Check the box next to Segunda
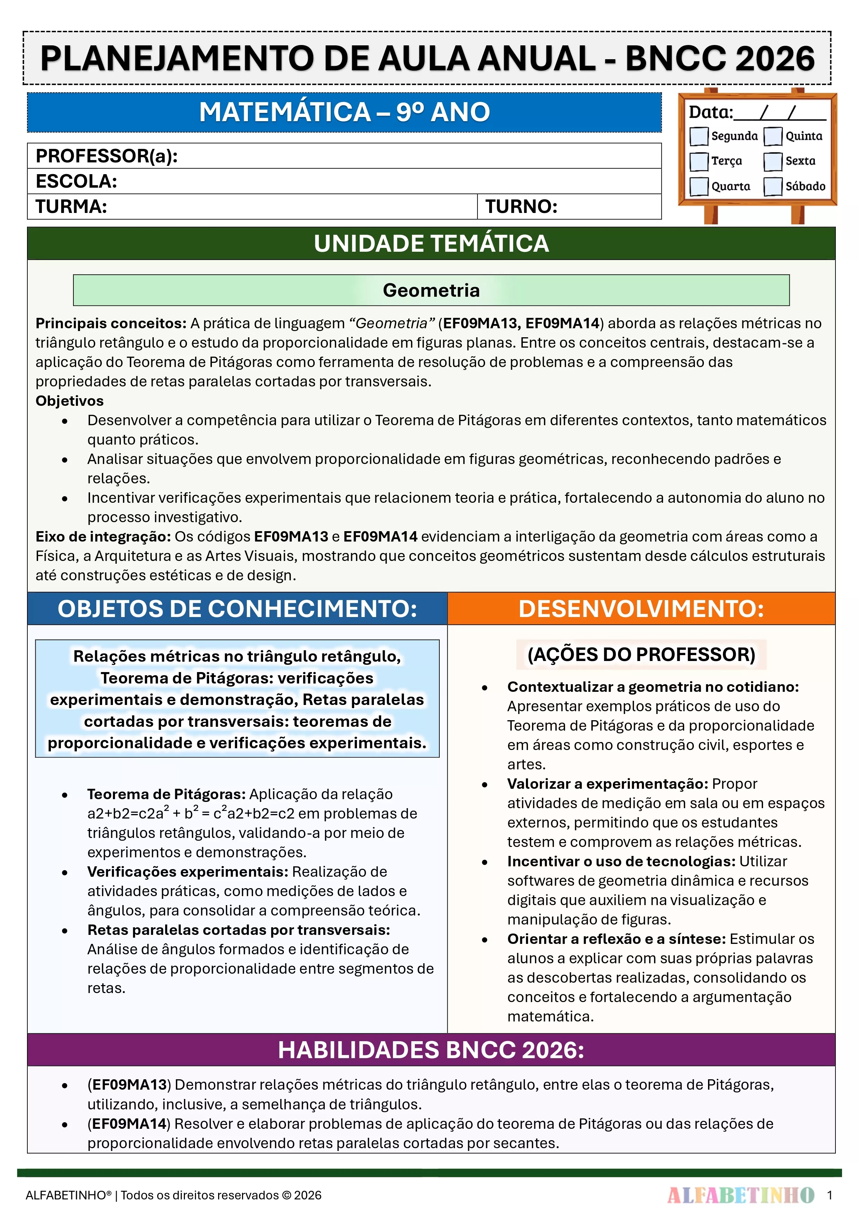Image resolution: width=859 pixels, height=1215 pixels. pyautogui.click(x=699, y=136)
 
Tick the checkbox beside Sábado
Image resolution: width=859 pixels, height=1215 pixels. pyautogui.click(x=773, y=186)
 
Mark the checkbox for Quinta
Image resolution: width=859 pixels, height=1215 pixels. pyautogui.click(x=773, y=136)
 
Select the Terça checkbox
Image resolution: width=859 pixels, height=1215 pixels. pyautogui.click(x=699, y=161)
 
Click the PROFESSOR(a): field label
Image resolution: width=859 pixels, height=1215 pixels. pyautogui.click(x=106, y=156)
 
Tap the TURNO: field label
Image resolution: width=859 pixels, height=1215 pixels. pyautogui.click(x=521, y=206)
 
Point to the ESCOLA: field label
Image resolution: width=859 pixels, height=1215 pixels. pyautogui.click(x=76, y=181)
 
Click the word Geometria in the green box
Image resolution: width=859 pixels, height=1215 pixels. pyautogui.click(x=431, y=290)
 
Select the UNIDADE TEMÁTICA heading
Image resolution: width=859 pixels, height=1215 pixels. pyautogui.click(x=431, y=243)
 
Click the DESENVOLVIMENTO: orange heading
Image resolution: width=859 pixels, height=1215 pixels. pyautogui.click(x=641, y=609)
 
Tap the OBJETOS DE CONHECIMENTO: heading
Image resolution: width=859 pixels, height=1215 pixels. pyautogui.click(x=237, y=609)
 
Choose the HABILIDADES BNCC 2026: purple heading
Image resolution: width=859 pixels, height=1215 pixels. pyautogui.click(x=431, y=1050)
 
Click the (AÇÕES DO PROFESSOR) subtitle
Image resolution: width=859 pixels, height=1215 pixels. pyautogui.click(x=641, y=655)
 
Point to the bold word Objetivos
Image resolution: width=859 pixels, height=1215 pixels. pyautogui.click(x=69, y=401)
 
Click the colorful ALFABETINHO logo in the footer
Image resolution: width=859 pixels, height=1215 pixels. pyautogui.click(x=741, y=1195)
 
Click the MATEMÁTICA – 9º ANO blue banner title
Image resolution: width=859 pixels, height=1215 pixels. pyautogui.click(x=344, y=112)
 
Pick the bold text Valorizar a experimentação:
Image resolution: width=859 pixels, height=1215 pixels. pyautogui.click(x=607, y=784)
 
